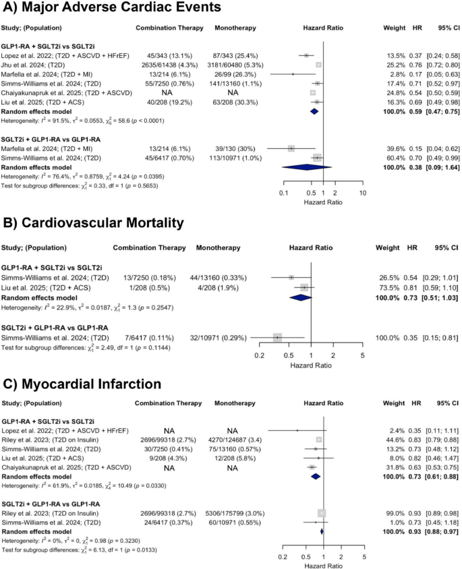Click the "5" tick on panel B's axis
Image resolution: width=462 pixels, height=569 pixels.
[x=362, y=354]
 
